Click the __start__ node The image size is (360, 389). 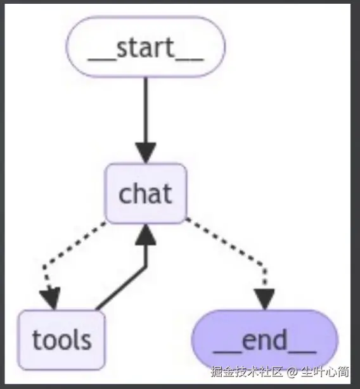pyautogui.click(x=145, y=47)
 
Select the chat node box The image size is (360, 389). pyautogui.click(x=146, y=193)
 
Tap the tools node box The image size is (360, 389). pyautogui.click(x=61, y=340)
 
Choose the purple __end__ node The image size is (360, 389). pyautogui.click(x=265, y=340)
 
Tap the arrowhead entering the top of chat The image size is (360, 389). pyautogui.click(x=146, y=153)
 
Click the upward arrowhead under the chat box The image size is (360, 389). pyautogui.click(x=146, y=234)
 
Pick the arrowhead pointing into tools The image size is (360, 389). pyautogui.click(x=50, y=298)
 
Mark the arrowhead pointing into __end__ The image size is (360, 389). pyautogui.click(x=264, y=299)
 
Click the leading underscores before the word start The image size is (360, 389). pyautogui.click(x=101, y=60)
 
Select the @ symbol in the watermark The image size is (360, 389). pyautogui.click(x=292, y=372)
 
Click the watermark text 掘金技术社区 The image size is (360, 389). pyautogui.click(x=247, y=372)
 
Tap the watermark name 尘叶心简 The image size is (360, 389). pyautogui.click(x=325, y=372)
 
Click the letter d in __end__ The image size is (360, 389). pyautogui.click(x=280, y=339)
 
